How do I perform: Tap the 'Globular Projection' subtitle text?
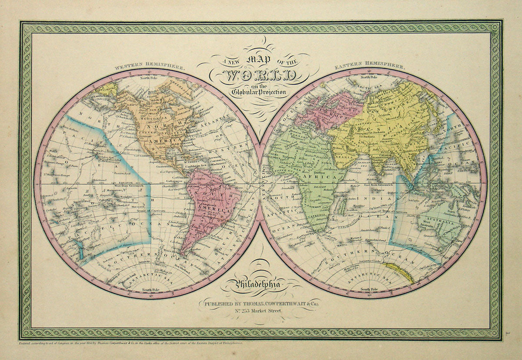[x=259, y=91]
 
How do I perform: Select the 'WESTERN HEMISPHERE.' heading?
[x=150, y=67]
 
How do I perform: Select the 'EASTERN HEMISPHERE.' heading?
[x=370, y=67]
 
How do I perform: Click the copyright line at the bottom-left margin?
[x=130, y=343]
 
